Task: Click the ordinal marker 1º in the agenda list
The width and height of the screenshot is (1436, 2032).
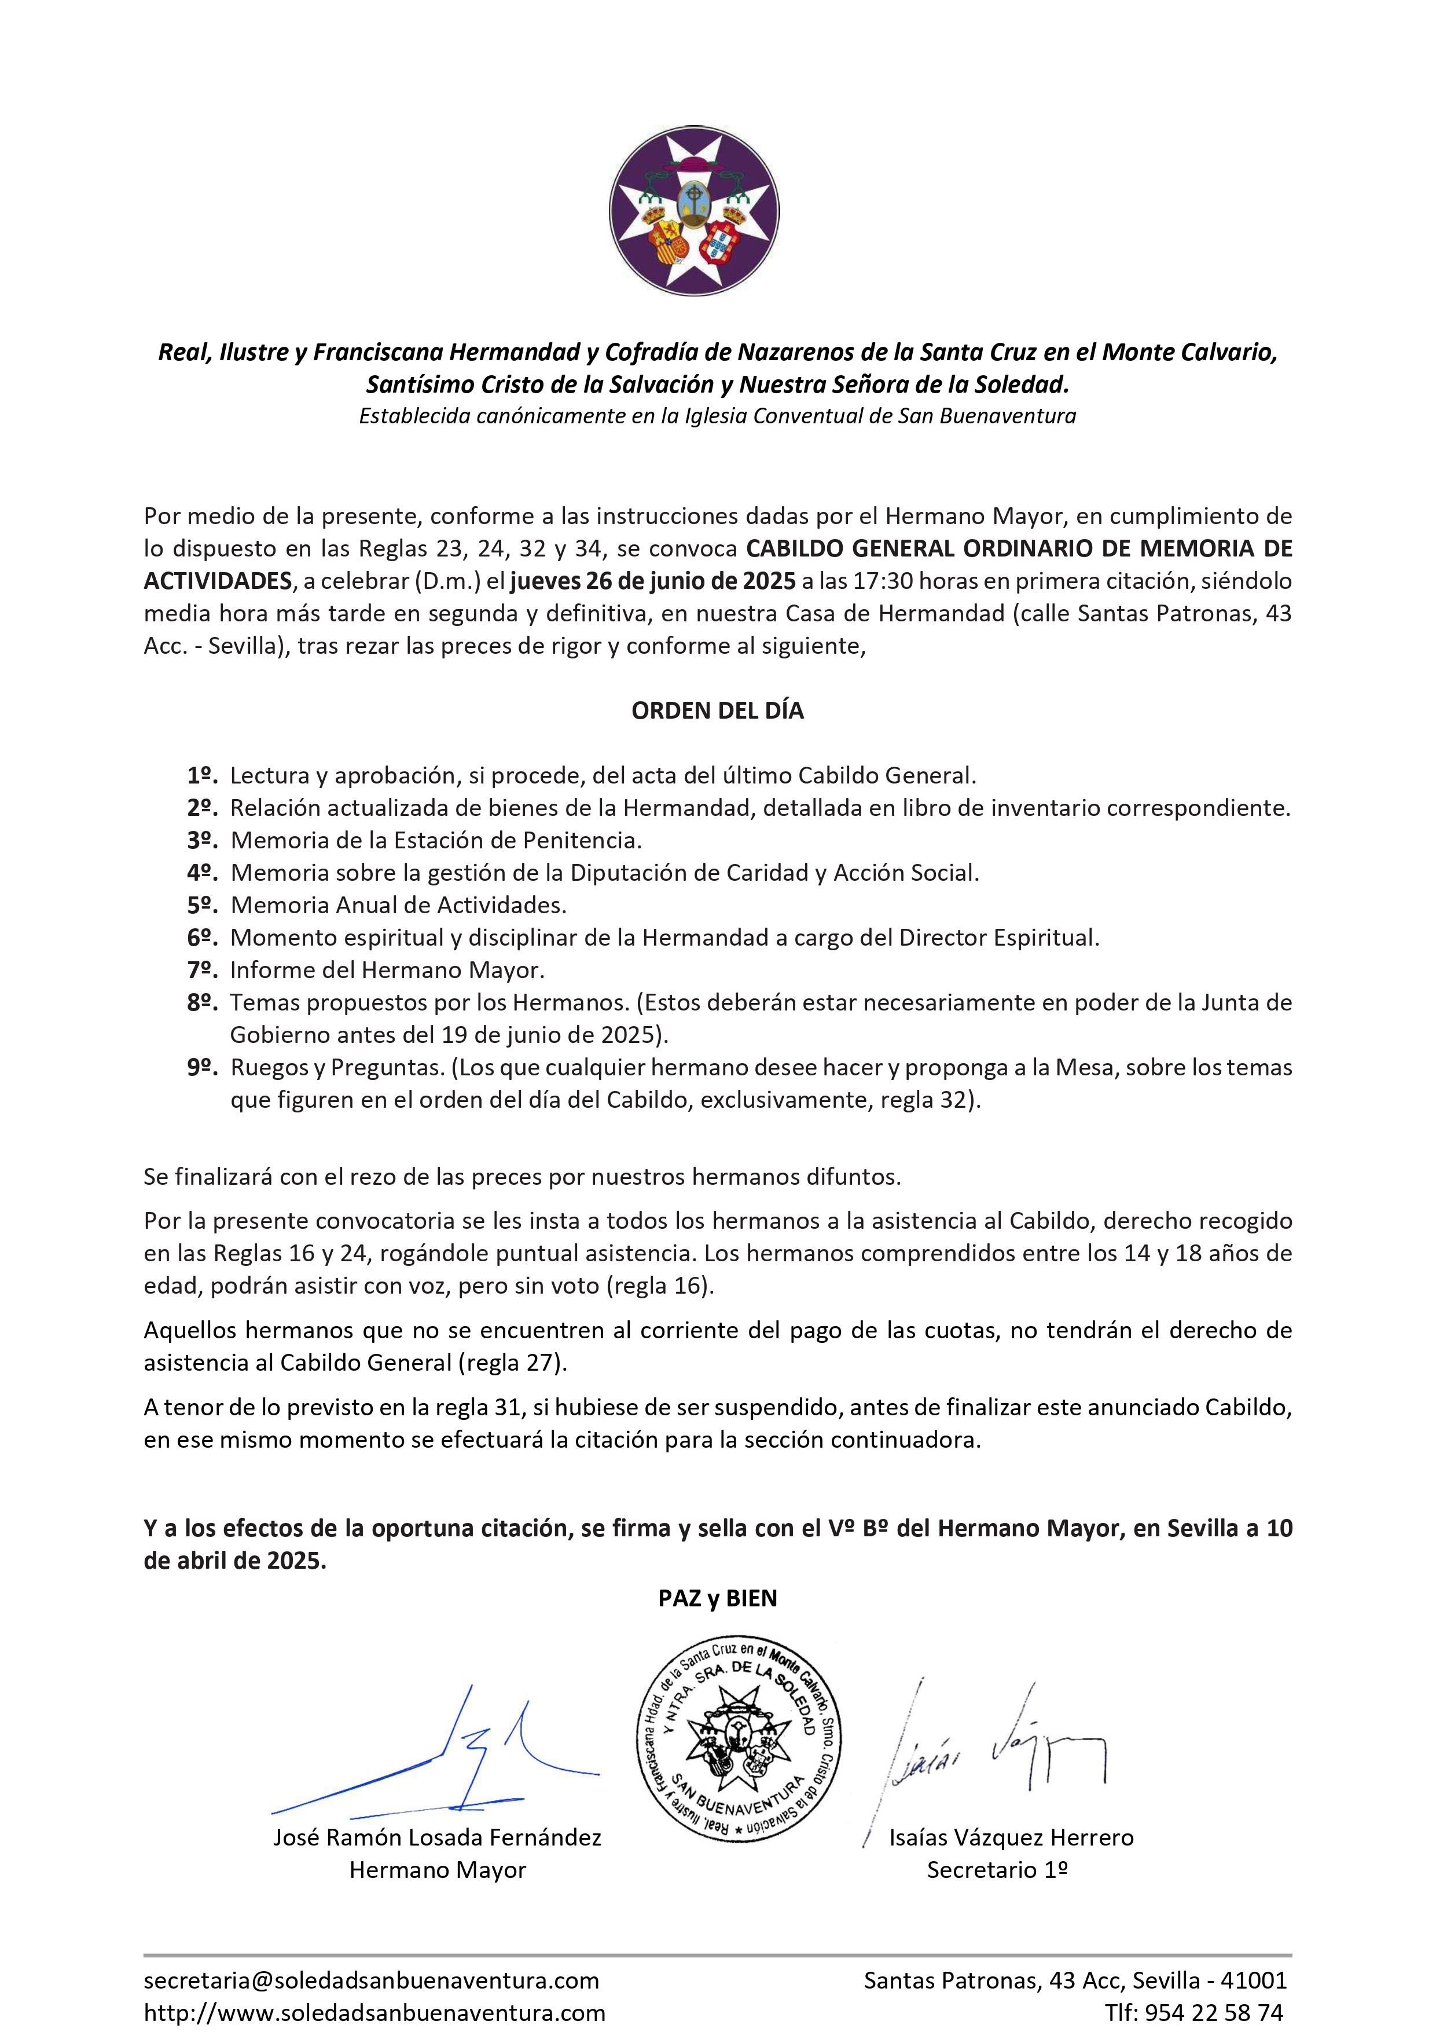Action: (202, 776)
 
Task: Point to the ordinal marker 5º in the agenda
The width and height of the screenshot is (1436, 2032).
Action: (202, 905)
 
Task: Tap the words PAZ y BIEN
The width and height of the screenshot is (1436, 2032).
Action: (718, 1598)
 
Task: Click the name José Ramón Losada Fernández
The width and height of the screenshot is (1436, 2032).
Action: (437, 1838)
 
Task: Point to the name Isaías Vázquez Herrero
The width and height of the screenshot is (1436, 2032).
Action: (1011, 1838)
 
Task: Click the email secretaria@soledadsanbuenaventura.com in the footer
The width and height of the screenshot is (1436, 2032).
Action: (372, 1980)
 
